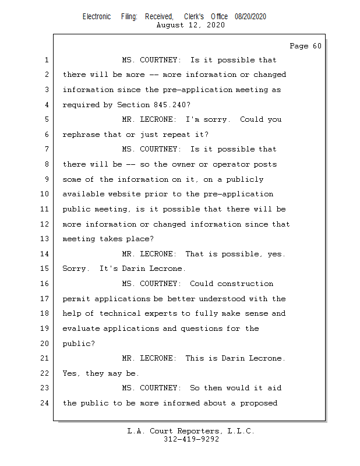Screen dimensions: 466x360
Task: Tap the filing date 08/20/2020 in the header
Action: pyautogui.click(x=250, y=17)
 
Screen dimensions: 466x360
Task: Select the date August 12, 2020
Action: pyautogui.click(x=191, y=26)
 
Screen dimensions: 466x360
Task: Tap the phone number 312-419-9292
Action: pyautogui.click(x=191, y=440)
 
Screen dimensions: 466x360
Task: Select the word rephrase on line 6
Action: pyautogui.click(x=80, y=135)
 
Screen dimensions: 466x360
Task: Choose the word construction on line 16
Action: pyautogui.click(x=245, y=284)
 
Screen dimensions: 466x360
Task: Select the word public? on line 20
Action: pyautogui.click(x=78, y=344)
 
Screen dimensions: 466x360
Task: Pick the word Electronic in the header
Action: pyautogui.click(x=97, y=17)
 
